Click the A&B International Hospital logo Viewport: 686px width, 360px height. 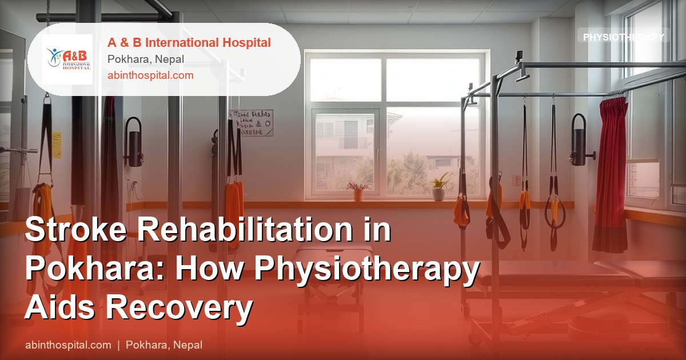pyautogui.click(x=67, y=59)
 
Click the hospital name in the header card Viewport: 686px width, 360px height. pyautogui.click(x=189, y=43)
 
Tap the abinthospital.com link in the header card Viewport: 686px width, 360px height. pyautogui.click(x=150, y=75)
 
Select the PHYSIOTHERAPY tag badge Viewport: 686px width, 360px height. pyautogui.click(x=623, y=37)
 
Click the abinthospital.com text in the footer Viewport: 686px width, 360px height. pyautogui.click(x=68, y=345)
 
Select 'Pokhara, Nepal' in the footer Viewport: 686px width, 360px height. pyautogui.click(x=164, y=345)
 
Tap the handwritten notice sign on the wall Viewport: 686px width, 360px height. pyautogui.click(x=252, y=122)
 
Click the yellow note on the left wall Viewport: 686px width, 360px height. pyautogui.click(x=57, y=145)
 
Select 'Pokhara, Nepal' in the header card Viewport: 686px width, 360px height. pyautogui.click(x=145, y=59)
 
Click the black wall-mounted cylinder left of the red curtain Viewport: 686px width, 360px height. pyautogui.click(x=579, y=140)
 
